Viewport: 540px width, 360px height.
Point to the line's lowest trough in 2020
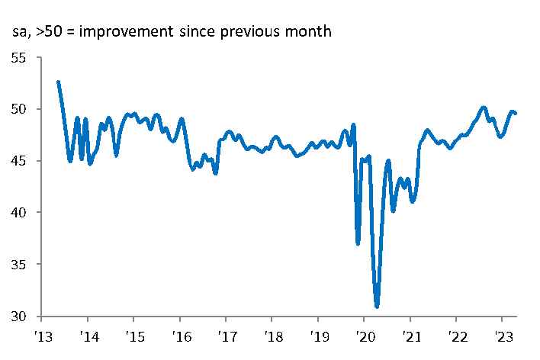pos(377,306)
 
